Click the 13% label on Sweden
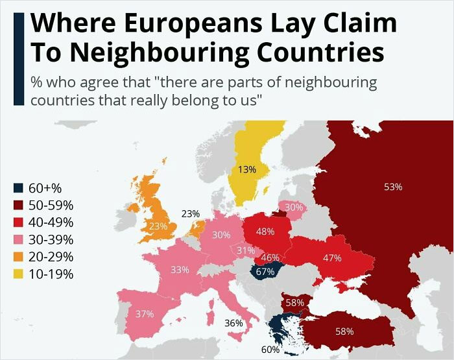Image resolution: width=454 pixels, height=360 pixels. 246,169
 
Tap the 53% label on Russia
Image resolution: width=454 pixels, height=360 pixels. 393,187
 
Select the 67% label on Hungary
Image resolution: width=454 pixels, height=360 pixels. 265,272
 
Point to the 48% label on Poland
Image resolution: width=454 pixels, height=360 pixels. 265,232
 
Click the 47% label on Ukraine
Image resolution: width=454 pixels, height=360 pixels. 332,258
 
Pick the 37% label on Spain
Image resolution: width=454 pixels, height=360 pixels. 145,314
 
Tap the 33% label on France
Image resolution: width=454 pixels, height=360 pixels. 180,269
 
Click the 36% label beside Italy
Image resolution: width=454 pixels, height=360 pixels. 233,322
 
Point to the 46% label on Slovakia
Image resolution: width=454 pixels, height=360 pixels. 270,258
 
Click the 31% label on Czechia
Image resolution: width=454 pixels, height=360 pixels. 245,250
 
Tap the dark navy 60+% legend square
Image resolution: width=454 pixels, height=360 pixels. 19,188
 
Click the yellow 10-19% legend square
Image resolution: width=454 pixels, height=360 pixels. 19,274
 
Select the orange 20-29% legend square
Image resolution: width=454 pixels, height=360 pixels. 19,256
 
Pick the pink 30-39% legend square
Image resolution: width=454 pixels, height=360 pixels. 19,239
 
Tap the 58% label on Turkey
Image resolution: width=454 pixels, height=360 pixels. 344,331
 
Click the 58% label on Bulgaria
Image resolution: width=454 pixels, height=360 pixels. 295,303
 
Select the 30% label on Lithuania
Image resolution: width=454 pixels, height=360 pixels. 294,207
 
